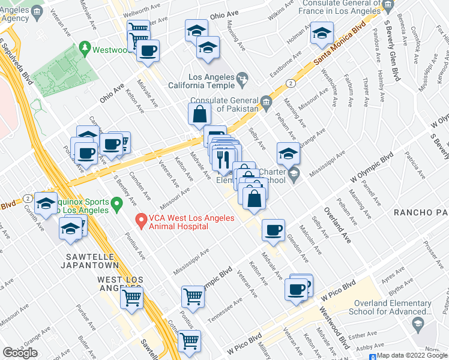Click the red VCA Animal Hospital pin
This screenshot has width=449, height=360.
point(142,221)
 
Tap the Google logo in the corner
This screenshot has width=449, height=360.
point(20,352)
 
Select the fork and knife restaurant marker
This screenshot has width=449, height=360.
point(224,160)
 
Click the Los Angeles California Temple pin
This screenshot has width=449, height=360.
point(243,78)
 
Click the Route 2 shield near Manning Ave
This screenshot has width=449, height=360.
point(290,83)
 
